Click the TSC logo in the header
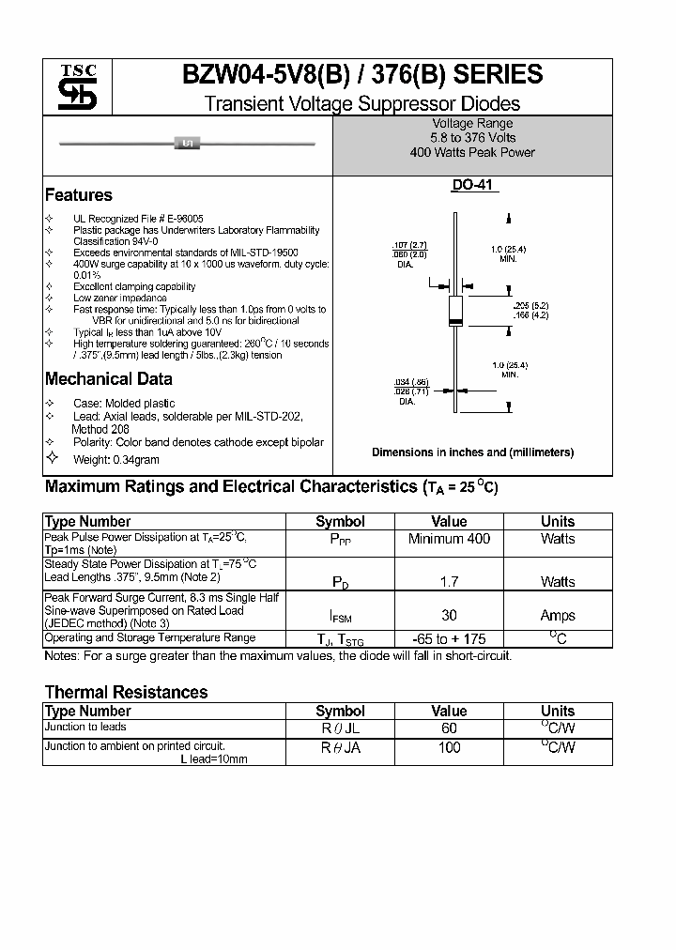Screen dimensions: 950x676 [71, 88]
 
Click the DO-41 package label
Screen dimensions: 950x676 [471, 186]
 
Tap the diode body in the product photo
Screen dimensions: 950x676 [187, 143]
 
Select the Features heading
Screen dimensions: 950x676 [79, 195]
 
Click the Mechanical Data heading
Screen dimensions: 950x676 [109, 379]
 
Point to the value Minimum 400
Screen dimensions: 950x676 [449, 539]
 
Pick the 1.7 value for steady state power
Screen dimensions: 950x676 [449, 582]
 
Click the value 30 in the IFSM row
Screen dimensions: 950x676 [449, 615]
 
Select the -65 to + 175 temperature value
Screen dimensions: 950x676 [449, 639]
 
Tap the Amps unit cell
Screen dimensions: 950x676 [558, 615]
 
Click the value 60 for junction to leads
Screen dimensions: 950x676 [449, 728]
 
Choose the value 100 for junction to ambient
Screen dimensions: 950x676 [449, 747]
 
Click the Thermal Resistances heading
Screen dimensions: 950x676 [126, 692]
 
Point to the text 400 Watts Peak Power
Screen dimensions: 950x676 [472, 152]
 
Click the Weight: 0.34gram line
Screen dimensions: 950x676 [116, 459]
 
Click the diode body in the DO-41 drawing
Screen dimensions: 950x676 [454, 310]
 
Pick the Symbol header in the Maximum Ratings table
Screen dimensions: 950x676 [340, 521]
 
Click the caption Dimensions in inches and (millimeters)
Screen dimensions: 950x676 [472, 452]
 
